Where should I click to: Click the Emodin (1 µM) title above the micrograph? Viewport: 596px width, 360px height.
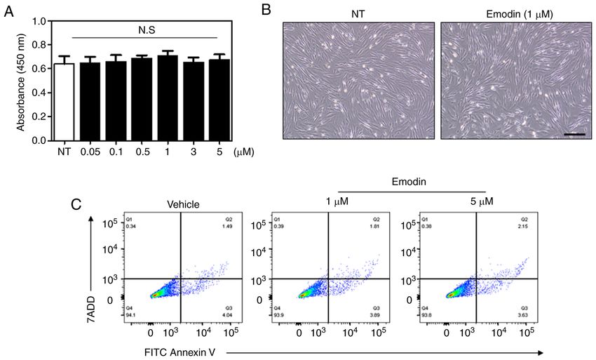pyautogui.click(x=516, y=12)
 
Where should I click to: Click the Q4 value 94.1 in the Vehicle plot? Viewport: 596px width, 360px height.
pyautogui.click(x=131, y=315)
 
